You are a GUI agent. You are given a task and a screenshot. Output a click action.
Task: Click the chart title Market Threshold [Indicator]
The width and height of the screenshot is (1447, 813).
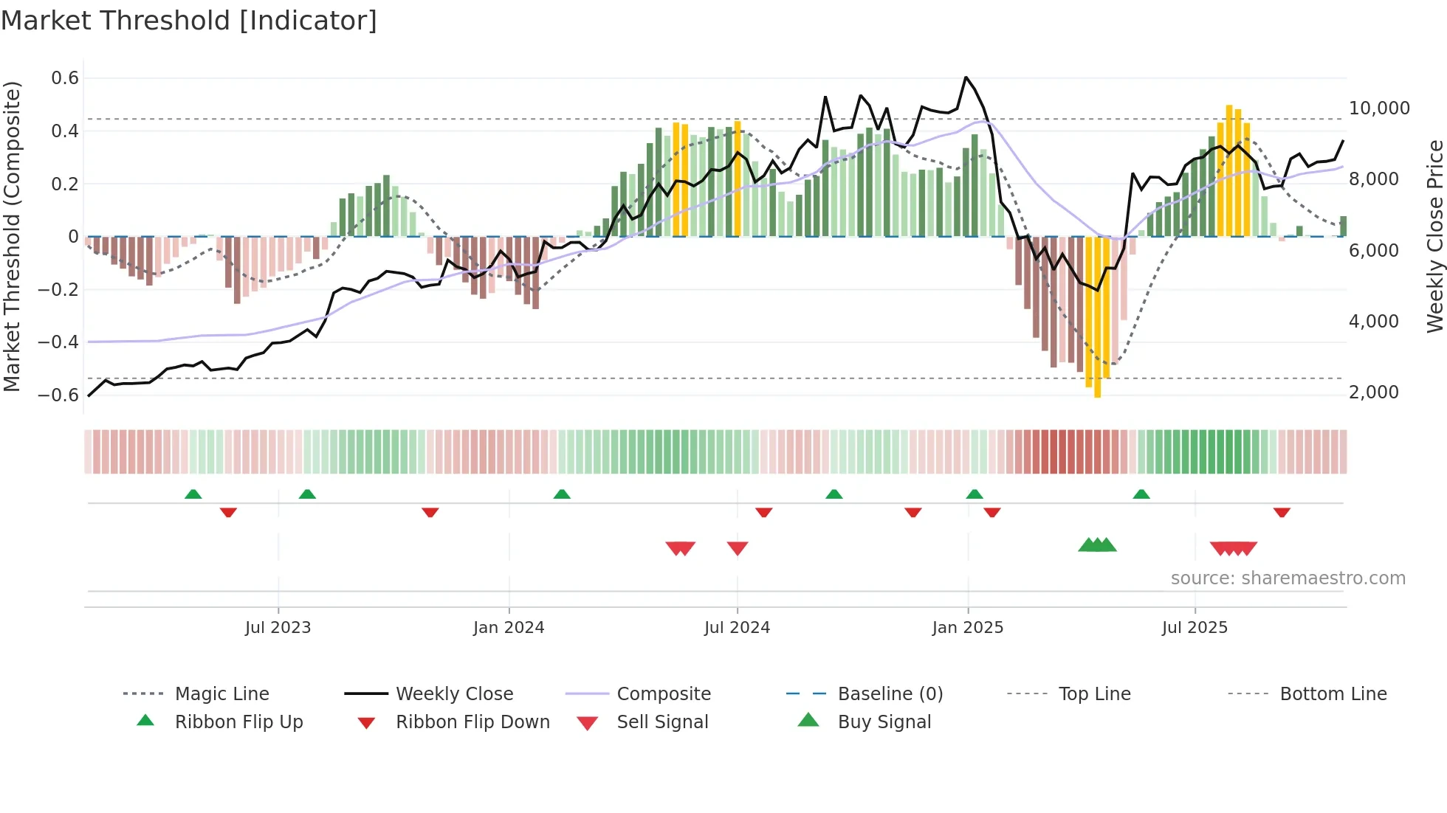(x=189, y=21)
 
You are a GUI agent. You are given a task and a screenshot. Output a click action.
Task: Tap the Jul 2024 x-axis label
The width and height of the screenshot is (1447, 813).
(x=737, y=628)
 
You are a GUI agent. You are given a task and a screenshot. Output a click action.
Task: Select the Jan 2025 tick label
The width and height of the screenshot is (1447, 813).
(x=967, y=628)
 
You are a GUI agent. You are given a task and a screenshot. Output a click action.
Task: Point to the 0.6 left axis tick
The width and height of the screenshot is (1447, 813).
(x=65, y=78)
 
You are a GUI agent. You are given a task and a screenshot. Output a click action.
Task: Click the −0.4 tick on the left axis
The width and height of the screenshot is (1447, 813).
(x=59, y=342)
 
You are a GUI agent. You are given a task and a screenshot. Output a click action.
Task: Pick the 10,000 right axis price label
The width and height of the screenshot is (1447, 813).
(x=1379, y=108)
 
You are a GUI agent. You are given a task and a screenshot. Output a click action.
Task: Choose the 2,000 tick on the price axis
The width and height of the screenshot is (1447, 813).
(x=1374, y=392)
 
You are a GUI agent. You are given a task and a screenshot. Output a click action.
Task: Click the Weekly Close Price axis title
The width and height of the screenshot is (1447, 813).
(x=1434, y=236)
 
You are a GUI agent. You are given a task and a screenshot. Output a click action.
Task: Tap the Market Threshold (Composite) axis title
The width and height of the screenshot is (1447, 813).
(x=12, y=236)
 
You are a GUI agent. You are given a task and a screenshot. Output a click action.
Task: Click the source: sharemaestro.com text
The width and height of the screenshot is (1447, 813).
(x=1288, y=578)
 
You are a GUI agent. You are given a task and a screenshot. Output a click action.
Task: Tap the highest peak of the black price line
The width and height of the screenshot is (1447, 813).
(x=966, y=77)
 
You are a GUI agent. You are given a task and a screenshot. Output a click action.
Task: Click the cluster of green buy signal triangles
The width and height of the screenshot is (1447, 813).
(x=1097, y=545)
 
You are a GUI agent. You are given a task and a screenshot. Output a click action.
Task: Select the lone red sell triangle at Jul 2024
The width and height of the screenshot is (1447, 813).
(x=738, y=548)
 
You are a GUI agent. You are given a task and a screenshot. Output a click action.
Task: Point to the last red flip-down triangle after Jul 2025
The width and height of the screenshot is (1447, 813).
(x=1282, y=512)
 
